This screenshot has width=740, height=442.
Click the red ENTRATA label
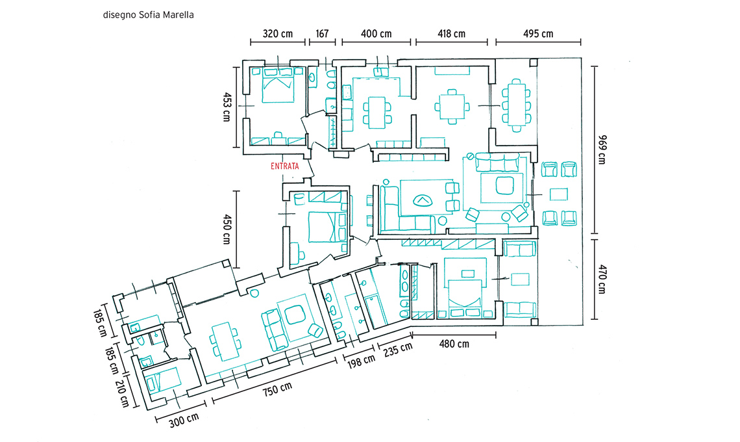pyautogui.click(x=284, y=166)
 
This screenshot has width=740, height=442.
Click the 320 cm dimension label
pyautogui.click(x=278, y=34)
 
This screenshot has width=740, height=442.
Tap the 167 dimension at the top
pyautogui.click(x=322, y=34)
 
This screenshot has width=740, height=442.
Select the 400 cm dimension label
pyautogui.click(x=376, y=34)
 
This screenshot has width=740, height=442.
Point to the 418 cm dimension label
pyautogui.click(x=451, y=34)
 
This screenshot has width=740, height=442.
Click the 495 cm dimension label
pyautogui.click(x=538, y=34)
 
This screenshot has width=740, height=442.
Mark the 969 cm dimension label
pyautogui.click(x=602, y=149)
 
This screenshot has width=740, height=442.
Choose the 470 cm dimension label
pyautogui.click(x=602, y=279)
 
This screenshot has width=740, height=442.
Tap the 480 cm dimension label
pyautogui.click(x=454, y=344)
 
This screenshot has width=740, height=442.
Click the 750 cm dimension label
pyautogui.click(x=277, y=389)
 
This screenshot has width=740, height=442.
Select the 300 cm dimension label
pyautogui.click(x=184, y=420)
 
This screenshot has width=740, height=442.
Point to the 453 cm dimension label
pyautogui.click(x=227, y=107)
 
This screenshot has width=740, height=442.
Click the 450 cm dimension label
pyautogui.click(x=227, y=229)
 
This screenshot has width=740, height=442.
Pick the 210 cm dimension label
pyautogui.click(x=122, y=393)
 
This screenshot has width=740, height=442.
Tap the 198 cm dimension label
pyautogui.click(x=362, y=361)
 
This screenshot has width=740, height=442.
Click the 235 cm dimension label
pyautogui.click(x=398, y=349)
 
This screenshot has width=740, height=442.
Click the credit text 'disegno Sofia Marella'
pyautogui.click(x=148, y=15)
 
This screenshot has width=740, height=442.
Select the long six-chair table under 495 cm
pyautogui.click(x=516, y=105)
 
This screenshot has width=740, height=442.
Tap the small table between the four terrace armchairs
pyautogui.click(x=559, y=194)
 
